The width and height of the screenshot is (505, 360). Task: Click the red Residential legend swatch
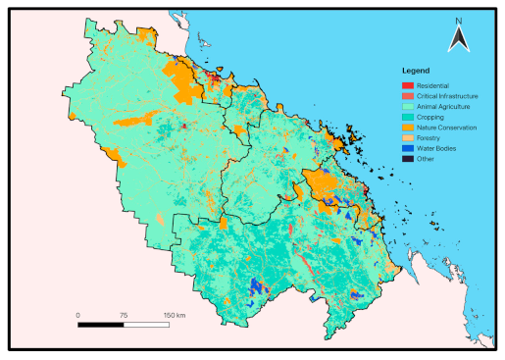click(x=408, y=87)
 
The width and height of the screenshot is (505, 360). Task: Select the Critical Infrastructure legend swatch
click(x=408, y=97)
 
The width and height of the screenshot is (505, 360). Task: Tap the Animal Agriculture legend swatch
click(x=408, y=107)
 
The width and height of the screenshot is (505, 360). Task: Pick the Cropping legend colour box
click(x=408, y=117)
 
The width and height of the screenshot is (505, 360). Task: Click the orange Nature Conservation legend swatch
click(x=408, y=128)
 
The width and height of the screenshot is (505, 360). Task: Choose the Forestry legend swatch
click(x=408, y=137)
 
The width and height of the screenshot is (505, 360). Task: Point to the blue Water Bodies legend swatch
click(x=408, y=147)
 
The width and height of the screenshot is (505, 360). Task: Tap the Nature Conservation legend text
click(x=446, y=128)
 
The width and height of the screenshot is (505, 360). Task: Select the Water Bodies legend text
click(x=435, y=147)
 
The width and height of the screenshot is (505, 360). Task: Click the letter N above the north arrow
click(x=458, y=20)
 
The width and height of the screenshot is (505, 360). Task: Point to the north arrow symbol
click(x=458, y=39)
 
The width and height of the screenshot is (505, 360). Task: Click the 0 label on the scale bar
click(x=78, y=315)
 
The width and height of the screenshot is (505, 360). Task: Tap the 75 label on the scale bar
click(x=124, y=315)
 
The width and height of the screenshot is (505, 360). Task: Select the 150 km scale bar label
click(x=173, y=315)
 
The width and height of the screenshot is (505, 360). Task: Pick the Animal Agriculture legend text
click(x=443, y=107)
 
